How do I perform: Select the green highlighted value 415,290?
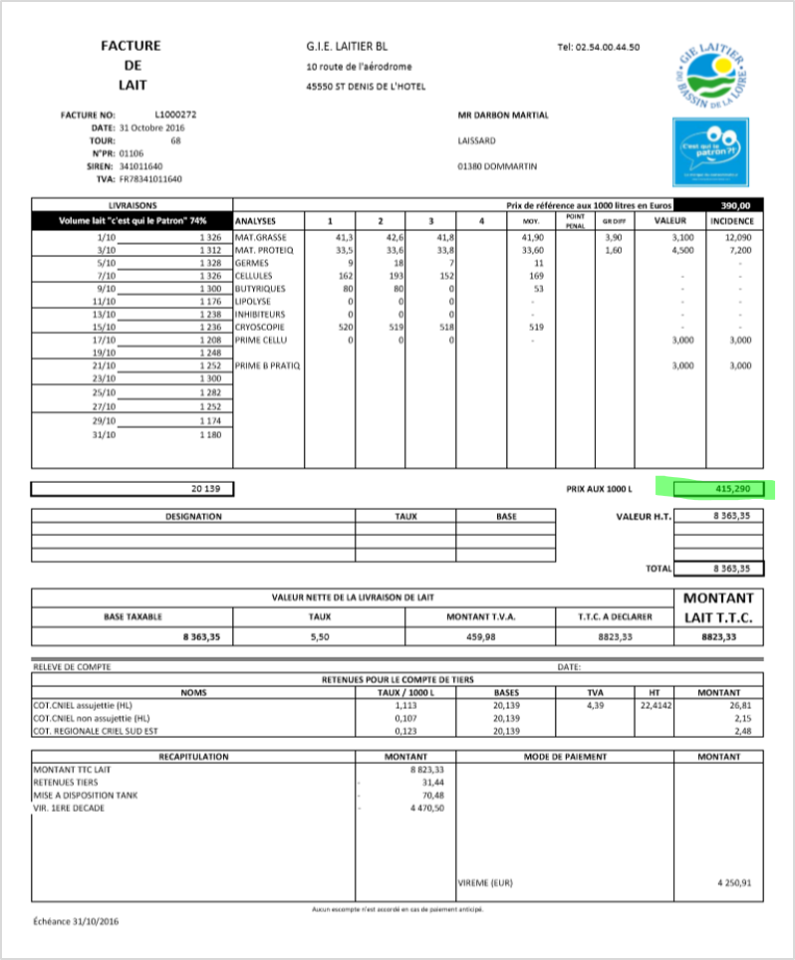(x=719, y=489)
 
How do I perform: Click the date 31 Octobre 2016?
(x=151, y=127)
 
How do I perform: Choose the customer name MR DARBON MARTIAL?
(x=503, y=115)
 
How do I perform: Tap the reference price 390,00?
(x=735, y=204)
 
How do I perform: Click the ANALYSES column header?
(x=256, y=220)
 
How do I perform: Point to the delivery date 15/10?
(x=104, y=326)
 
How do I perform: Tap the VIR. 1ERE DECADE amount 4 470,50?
(x=425, y=808)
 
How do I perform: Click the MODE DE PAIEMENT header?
(x=565, y=757)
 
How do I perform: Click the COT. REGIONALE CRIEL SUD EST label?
(x=98, y=730)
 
